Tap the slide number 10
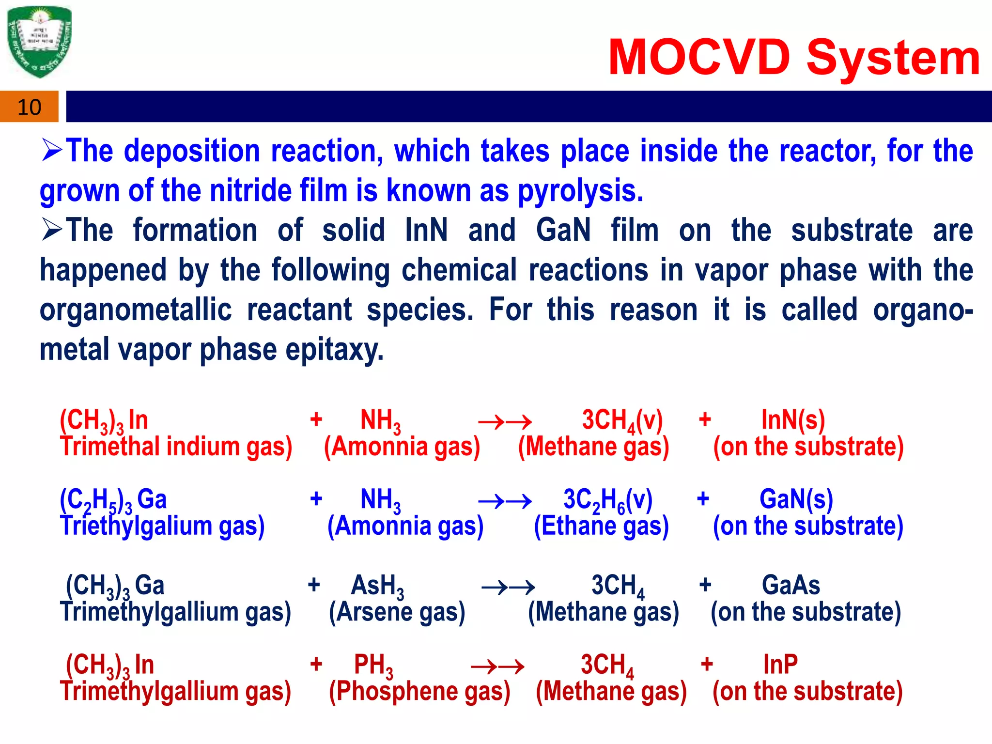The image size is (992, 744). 29,107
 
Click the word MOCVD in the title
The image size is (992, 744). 699,58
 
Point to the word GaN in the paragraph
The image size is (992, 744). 563,230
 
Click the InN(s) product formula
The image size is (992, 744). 792,420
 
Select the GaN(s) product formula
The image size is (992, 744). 796,499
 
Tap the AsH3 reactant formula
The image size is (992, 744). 377,586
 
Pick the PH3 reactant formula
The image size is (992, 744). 373,665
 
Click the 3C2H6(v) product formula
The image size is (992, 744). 608,500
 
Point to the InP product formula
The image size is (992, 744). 780,665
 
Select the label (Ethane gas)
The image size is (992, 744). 601,526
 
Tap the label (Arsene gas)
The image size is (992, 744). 397,612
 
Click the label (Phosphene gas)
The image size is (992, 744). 419,691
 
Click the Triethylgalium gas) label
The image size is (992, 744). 162,526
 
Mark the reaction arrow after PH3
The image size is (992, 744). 497,667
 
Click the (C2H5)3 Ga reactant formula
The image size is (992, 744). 113,500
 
